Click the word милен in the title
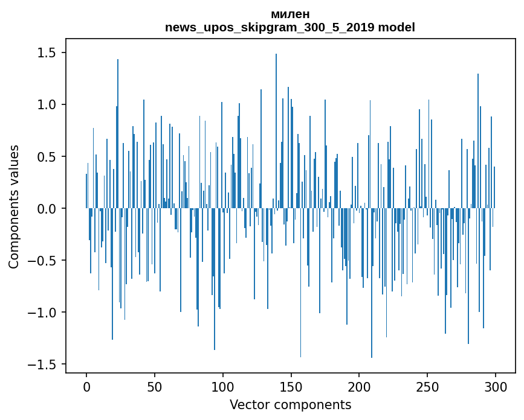point(290,14)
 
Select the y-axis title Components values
point(14,206)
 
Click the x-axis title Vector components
point(290,404)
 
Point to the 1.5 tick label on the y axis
point(47,53)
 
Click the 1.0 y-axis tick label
point(47,105)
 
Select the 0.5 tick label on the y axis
point(47,157)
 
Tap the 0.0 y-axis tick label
point(47,209)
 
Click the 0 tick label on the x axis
point(86,386)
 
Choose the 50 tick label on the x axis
point(155,386)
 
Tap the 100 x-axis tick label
point(223,386)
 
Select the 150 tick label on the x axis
point(291,386)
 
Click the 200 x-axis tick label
point(360,386)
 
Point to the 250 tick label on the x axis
point(427,386)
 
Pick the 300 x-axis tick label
point(496,386)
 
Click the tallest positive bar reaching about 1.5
point(276,121)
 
